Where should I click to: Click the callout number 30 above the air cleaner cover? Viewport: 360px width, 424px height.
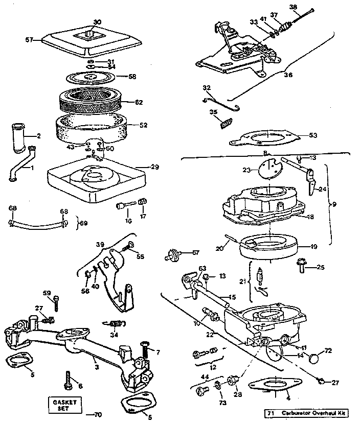point(98,22)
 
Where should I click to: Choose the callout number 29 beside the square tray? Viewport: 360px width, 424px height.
point(154,167)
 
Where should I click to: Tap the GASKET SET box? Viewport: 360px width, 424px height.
point(65,406)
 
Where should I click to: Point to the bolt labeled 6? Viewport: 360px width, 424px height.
point(69,379)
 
